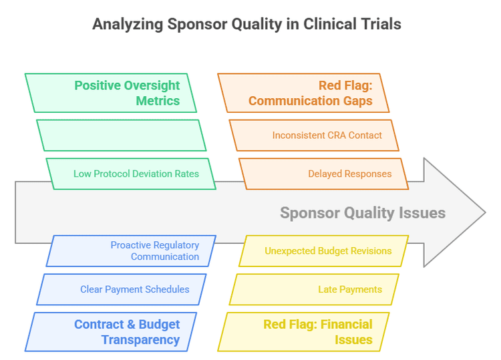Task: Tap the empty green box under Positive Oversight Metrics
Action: coord(121,135)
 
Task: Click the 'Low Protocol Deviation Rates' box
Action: coord(131,174)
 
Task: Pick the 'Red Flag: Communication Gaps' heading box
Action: coord(303,93)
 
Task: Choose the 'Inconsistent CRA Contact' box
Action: coord(314,135)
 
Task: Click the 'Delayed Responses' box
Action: coord(324,174)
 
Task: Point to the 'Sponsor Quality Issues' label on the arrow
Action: coord(362,213)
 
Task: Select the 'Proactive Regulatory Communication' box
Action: coord(132,250)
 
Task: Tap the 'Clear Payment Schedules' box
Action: coord(122,289)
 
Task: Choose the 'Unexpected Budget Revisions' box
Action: coord(324,250)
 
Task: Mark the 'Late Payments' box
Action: coord(314,289)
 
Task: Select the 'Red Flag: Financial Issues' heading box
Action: coord(303,332)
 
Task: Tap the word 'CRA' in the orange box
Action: coord(335,135)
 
